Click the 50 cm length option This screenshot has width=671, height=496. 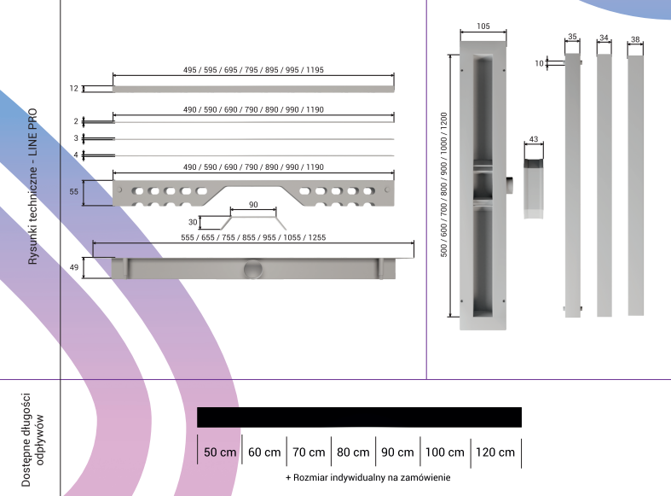220,452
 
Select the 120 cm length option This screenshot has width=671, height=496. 495,452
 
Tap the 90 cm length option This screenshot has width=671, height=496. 398,452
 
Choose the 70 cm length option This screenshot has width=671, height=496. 309,452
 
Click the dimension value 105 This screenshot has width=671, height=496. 483,26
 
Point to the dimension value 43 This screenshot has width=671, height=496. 533,138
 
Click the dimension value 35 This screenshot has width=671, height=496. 572,38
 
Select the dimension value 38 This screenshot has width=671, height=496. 635,39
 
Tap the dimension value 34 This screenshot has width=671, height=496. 604,38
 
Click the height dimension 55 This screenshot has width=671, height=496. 74,193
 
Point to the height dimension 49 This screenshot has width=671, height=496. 74,267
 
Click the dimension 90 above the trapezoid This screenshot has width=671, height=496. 253,206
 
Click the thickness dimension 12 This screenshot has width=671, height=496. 74,88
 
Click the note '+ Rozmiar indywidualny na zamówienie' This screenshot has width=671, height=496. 367,477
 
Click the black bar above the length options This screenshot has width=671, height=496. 359,417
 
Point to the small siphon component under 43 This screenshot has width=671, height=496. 535,181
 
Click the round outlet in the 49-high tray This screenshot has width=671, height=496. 254,271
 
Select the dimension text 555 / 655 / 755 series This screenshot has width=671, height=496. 253,237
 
